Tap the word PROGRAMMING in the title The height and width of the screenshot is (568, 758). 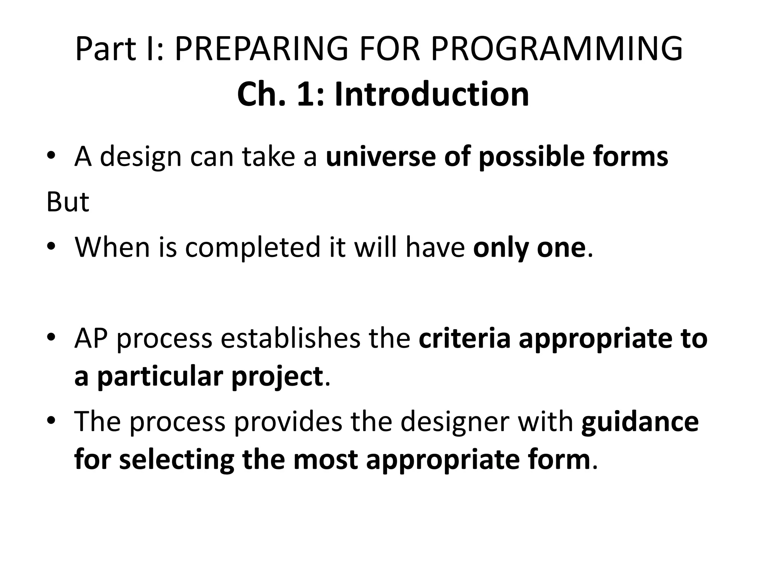pyautogui.click(x=556, y=49)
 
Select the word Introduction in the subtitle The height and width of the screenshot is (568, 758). pyautogui.click(x=432, y=95)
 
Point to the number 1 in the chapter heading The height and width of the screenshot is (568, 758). pyautogui.click(x=305, y=95)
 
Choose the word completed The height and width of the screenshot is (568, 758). pyautogui.click(x=252, y=248)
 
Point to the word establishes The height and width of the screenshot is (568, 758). pyautogui.click(x=291, y=338)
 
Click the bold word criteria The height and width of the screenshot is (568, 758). pyautogui.click(x=464, y=338)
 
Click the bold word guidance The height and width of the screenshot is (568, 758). pyautogui.click(x=640, y=422)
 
